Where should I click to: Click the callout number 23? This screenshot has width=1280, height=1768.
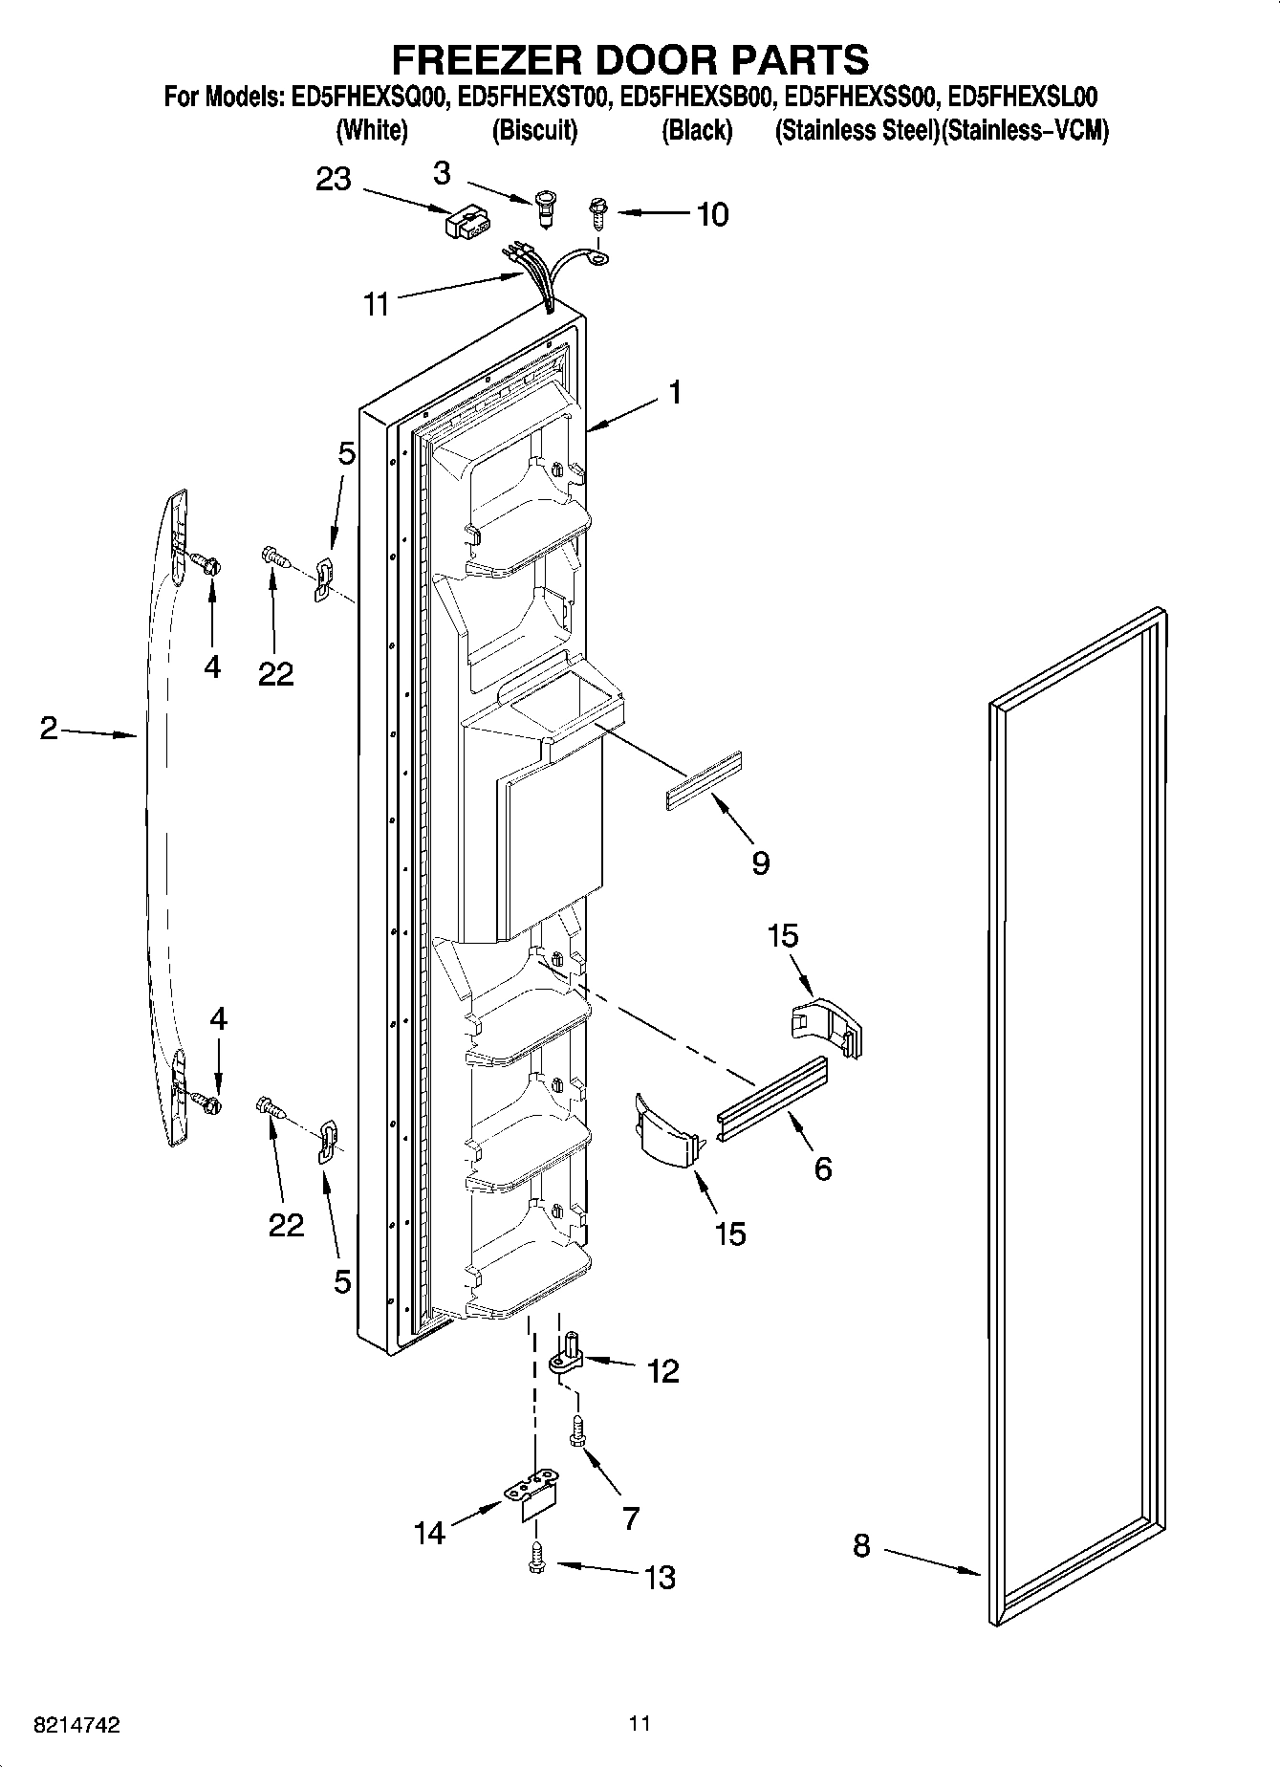(334, 180)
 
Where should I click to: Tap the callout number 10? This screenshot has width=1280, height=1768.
(712, 214)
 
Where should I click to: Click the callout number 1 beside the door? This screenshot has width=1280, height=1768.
(675, 393)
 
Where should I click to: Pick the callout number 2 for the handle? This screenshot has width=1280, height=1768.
(49, 729)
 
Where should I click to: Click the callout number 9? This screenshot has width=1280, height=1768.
(761, 862)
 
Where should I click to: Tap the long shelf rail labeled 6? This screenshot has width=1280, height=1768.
(771, 1089)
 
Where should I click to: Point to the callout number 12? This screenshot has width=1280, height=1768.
(662, 1371)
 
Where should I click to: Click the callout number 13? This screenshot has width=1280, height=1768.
(661, 1577)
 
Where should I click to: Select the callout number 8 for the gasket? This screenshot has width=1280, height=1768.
(861, 1545)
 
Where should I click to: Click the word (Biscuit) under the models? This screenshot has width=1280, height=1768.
(534, 131)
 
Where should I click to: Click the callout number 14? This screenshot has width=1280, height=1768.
(430, 1533)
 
